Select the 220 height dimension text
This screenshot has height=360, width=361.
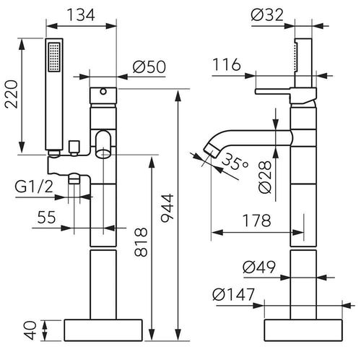pyautogui.click(x=11, y=93)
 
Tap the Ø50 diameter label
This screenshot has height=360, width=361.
pyautogui.click(x=150, y=67)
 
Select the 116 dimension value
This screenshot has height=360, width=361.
pyautogui.click(x=227, y=67)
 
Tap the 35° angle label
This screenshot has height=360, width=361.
pyautogui.click(x=238, y=163)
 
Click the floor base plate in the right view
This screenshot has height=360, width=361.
pyautogui.click(x=303, y=330)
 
